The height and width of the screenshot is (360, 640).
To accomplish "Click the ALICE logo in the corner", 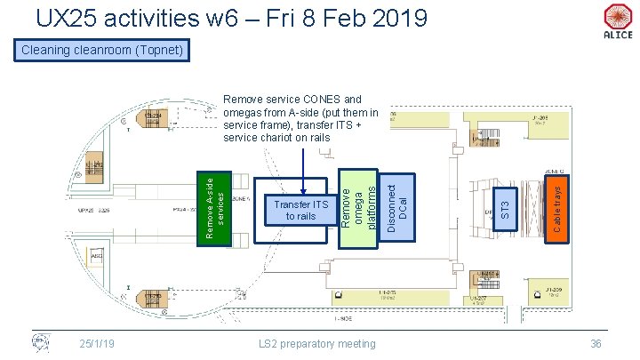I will click(618, 20).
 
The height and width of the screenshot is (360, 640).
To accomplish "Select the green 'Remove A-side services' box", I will click(213, 208).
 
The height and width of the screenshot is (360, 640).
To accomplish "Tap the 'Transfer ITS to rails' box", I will click(295, 211).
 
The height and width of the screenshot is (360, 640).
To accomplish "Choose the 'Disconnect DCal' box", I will click(398, 207).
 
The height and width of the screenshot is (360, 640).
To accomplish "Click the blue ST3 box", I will click(505, 208).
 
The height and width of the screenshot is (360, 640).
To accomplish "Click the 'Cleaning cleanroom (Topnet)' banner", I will click(100, 51).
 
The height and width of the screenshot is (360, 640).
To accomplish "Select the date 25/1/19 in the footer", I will click(96, 343).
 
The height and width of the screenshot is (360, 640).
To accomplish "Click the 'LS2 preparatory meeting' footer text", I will click(317, 343).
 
